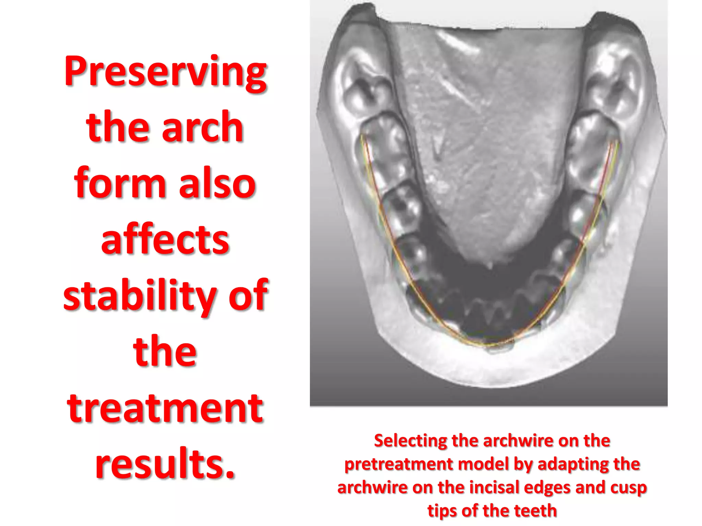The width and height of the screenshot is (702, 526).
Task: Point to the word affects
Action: [x=165, y=239]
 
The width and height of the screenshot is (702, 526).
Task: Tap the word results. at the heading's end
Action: [x=165, y=464]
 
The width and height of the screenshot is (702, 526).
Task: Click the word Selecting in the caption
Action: [x=410, y=441]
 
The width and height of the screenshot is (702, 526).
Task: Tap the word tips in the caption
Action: [x=442, y=511]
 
